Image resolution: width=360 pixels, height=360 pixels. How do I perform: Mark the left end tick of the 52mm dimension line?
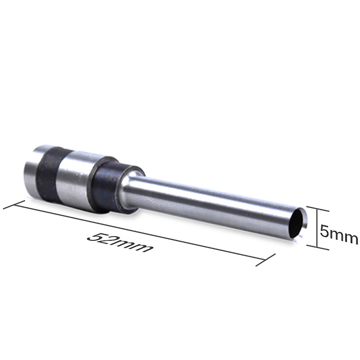[x=14, y=205]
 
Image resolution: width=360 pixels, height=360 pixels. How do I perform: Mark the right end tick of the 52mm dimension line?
[x=265, y=260]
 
